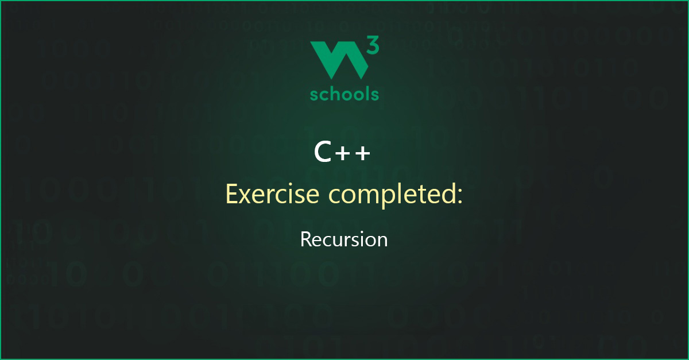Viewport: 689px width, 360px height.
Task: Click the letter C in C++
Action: click(x=322, y=152)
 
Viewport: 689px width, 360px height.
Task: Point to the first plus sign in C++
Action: click(x=342, y=153)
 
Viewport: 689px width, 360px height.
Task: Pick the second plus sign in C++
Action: click(x=363, y=153)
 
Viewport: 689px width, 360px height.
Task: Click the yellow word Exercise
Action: click(x=273, y=194)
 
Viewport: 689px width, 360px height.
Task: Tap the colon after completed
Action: click(x=459, y=197)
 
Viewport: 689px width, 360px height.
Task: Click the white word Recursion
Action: click(x=344, y=239)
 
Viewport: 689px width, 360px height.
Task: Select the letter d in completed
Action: click(x=449, y=193)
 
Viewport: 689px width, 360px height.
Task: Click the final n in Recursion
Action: click(x=382, y=242)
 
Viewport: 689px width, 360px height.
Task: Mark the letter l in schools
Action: click(x=365, y=93)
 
